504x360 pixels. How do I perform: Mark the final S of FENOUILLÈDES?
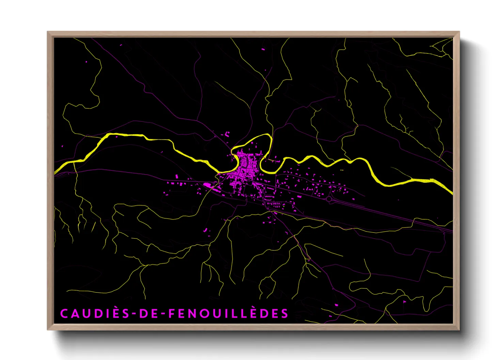click(285, 313)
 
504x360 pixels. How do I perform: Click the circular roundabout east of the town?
click(329, 198)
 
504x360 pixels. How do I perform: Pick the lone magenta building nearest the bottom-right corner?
click(405, 301)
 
